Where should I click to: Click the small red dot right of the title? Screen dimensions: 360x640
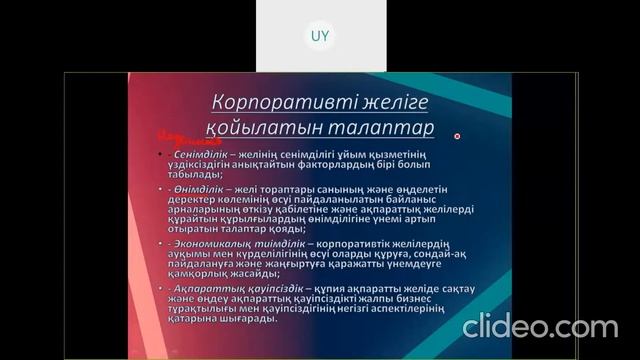pyautogui.click(x=457, y=136)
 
